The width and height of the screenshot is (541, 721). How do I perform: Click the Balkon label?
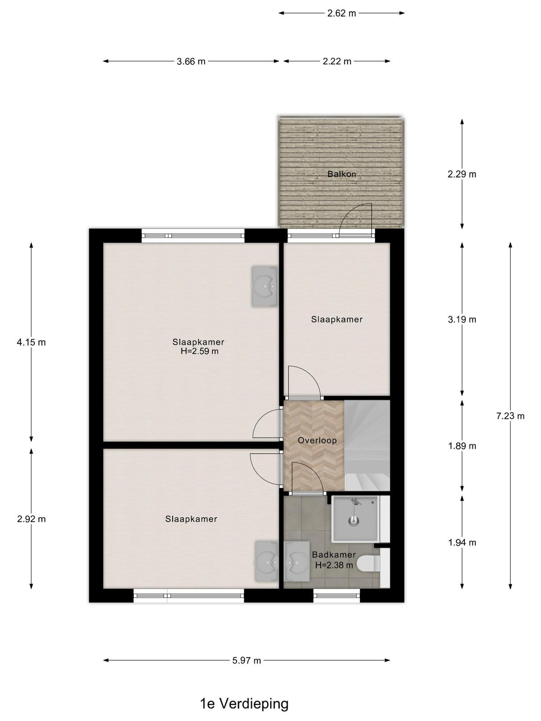[x=342, y=174]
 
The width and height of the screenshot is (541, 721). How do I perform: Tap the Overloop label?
[x=317, y=440]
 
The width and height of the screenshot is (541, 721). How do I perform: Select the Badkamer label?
[x=334, y=555]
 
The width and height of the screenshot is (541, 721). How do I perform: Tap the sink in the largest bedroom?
[x=265, y=286]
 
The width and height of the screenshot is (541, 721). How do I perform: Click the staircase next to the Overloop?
[x=367, y=445]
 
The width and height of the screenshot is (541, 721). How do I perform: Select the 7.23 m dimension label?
[x=510, y=416]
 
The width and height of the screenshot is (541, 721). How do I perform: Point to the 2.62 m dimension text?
[x=342, y=14]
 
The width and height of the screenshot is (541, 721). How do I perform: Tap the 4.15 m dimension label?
[x=31, y=342]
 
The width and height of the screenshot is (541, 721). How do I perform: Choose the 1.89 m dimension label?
[x=462, y=446]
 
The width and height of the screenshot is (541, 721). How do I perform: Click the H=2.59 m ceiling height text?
[x=199, y=351]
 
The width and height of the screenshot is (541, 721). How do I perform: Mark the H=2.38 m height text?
[x=334, y=565]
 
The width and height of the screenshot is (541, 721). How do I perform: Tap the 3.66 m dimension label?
[x=191, y=61]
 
